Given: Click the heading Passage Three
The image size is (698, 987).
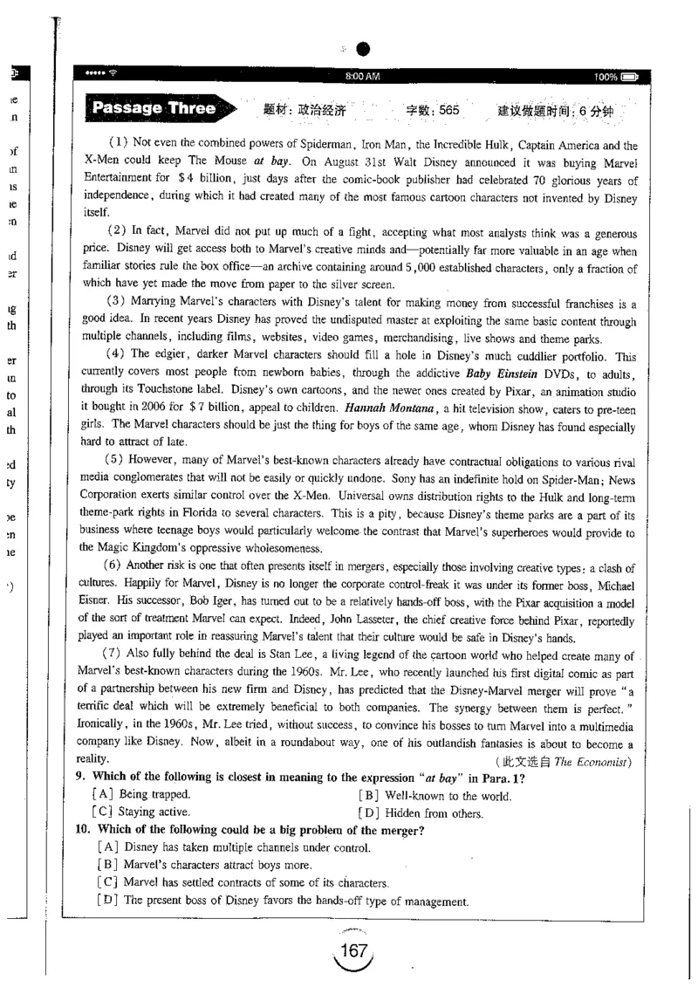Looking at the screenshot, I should point(154,109).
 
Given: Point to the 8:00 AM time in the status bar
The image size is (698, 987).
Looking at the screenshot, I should point(362,78).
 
